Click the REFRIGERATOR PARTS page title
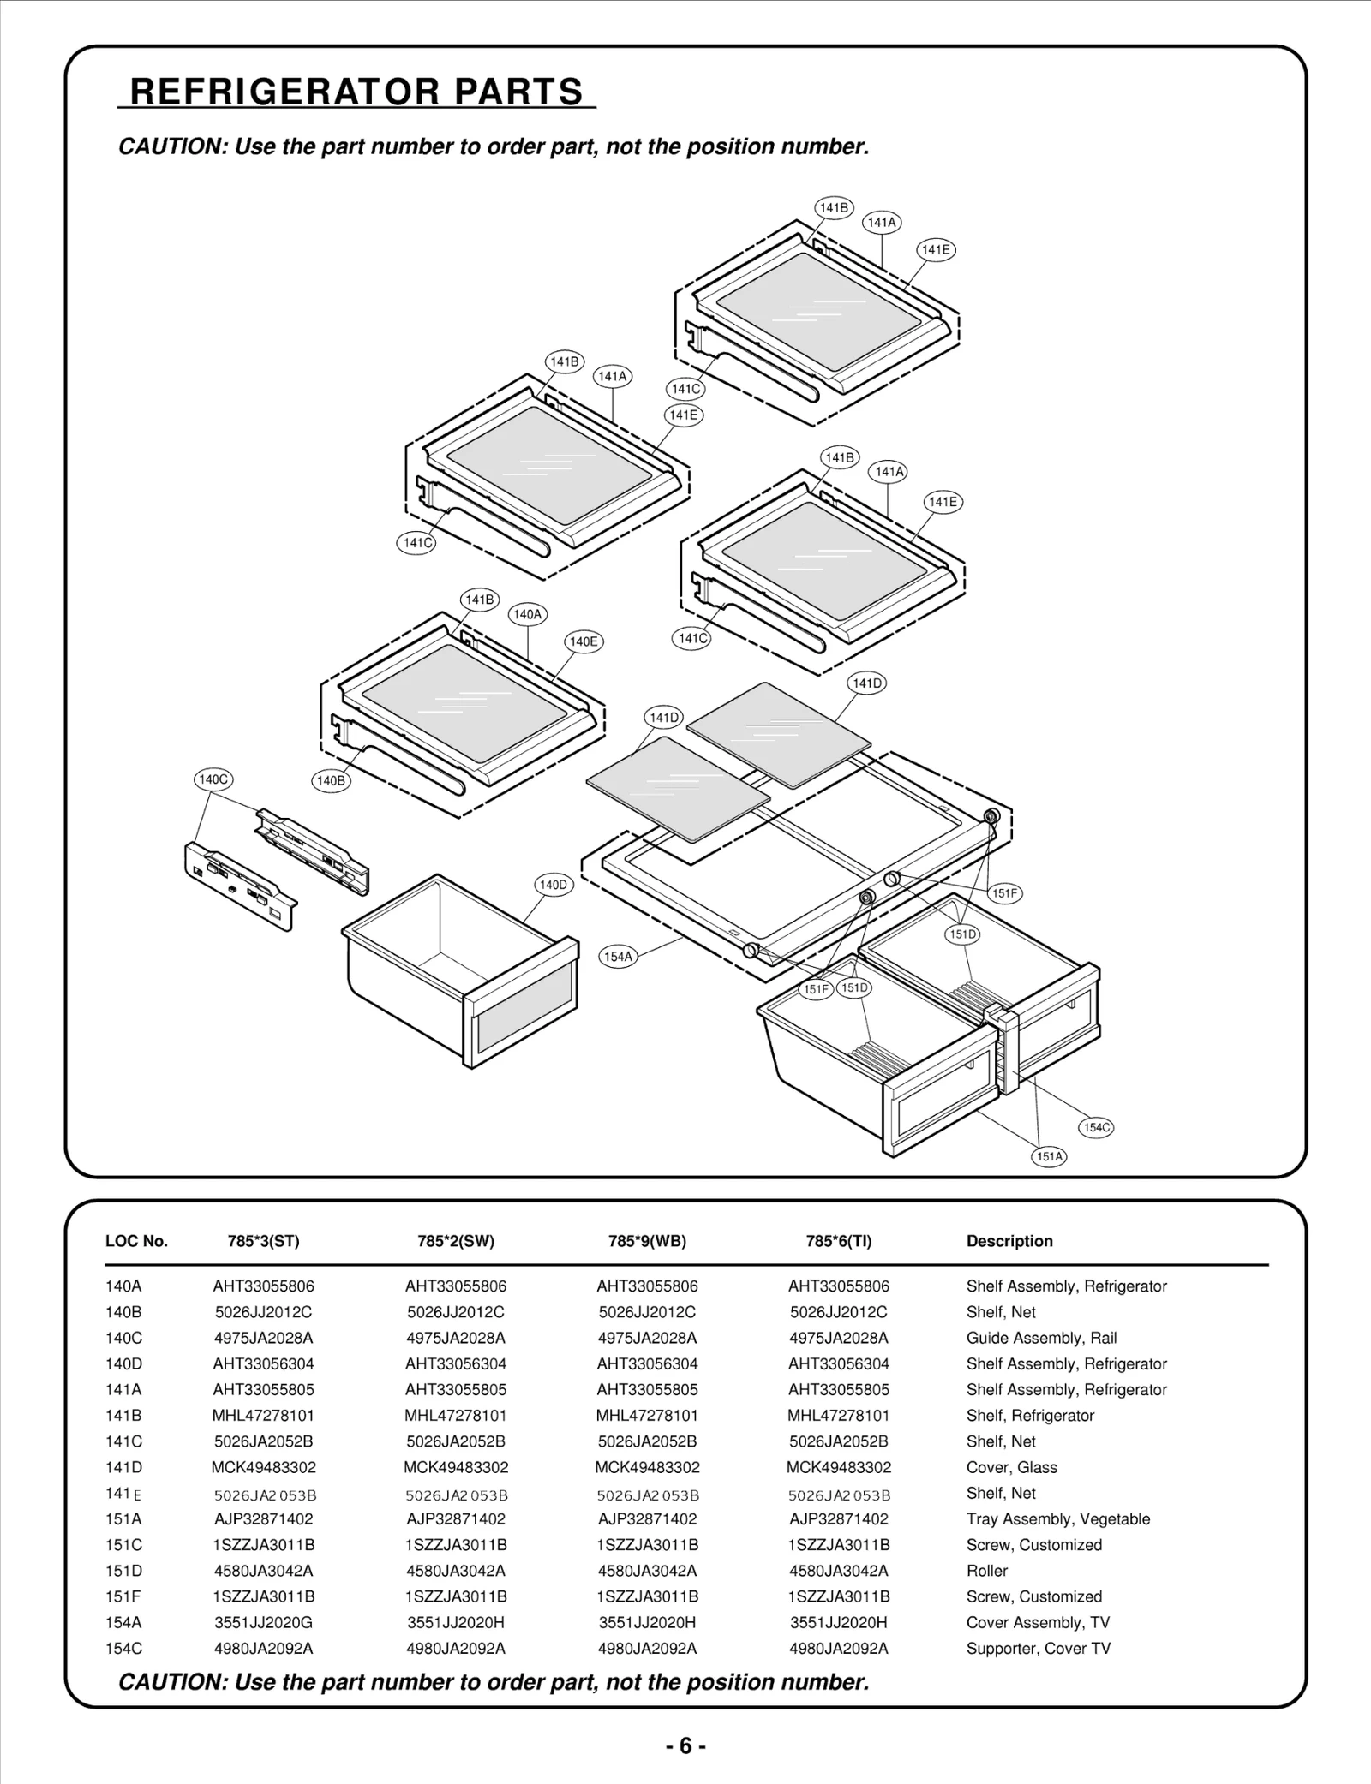pos(356,92)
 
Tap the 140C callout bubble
pos(212,779)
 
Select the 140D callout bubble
pos(553,885)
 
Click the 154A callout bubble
pos(618,957)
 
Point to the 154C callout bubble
pos(1096,1127)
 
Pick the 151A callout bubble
pos(1050,1156)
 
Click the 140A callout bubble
pos(527,614)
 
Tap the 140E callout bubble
pos(584,641)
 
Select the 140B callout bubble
pos(331,780)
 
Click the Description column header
pos(1009,1241)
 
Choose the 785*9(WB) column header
pos(647,1241)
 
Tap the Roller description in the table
pos(987,1571)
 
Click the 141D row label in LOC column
pos(124,1467)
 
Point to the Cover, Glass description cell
pos(1011,1467)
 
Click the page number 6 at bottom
pos(685,1746)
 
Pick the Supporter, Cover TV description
pos(1038,1648)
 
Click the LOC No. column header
pos(136,1241)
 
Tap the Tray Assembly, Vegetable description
pos(1057,1518)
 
